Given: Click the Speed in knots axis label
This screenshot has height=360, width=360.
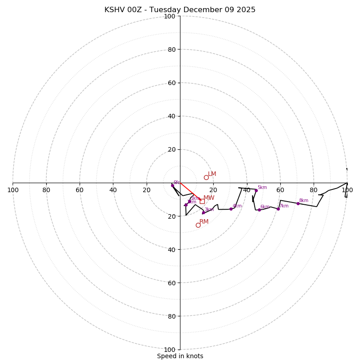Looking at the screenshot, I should [180, 356].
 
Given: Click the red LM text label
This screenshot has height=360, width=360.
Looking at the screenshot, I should [212, 174].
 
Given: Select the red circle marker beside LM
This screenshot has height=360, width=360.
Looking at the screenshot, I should [206, 177].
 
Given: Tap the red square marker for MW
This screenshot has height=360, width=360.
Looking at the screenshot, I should [202, 201].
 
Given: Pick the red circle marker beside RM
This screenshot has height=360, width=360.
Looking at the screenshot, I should [198, 225].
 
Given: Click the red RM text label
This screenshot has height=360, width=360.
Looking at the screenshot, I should [204, 222].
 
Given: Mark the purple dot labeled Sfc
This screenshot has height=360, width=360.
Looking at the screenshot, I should [172, 185].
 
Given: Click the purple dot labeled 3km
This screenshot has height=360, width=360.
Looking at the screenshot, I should [203, 213].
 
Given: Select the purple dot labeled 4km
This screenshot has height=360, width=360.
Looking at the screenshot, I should [231, 209].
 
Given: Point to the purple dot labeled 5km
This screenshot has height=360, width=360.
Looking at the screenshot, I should [256, 190].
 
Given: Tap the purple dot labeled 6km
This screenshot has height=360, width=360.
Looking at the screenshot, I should [259, 210].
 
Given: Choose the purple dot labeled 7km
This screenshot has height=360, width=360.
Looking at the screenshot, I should [278, 209].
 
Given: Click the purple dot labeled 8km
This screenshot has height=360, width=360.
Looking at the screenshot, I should [298, 203].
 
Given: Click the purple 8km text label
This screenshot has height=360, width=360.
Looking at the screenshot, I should [304, 201].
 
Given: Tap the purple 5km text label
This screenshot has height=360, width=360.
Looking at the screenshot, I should [262, 188].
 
